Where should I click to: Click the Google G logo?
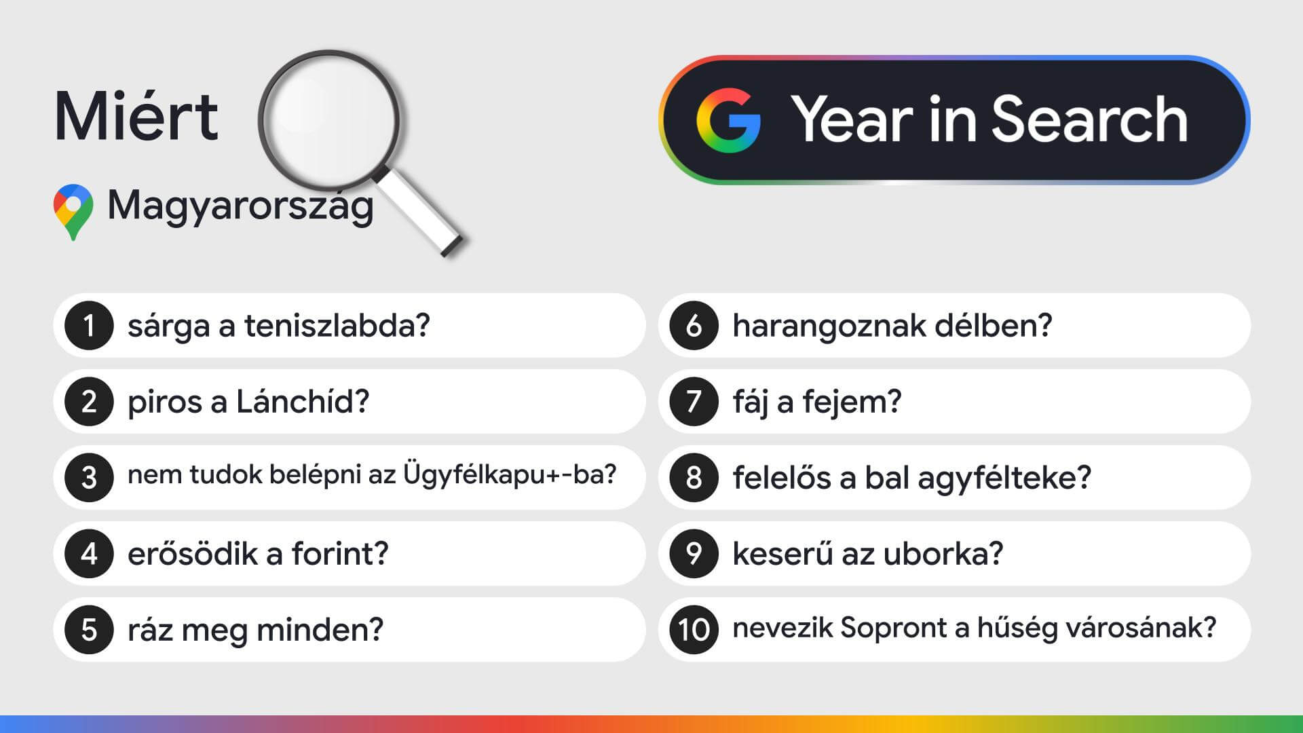(728, 120)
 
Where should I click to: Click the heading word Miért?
(136, 116)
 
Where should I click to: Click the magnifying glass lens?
(328, 119)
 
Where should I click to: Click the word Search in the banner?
(1089, 119)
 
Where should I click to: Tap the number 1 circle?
(89, 326)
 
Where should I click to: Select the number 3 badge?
(89, 478)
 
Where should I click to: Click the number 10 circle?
(694, 630)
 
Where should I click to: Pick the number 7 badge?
(694, 402)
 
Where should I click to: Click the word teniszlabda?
(337, 326)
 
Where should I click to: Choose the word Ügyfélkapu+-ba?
(510, 474)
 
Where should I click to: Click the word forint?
(340, 553)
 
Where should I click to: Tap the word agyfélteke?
(1004, 478)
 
